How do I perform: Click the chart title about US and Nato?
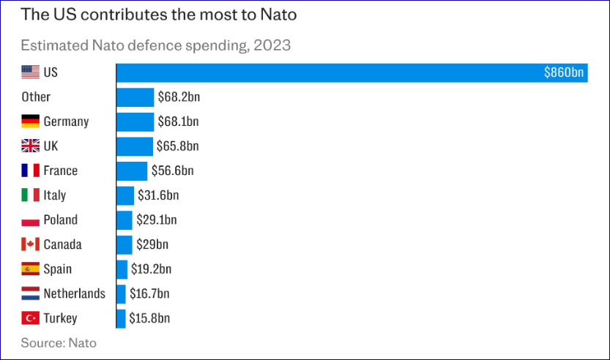coord(154,14)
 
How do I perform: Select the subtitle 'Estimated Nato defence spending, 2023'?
coord(155,45)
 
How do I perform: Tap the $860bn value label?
coord(564,72)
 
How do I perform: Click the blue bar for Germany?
coord(135,121)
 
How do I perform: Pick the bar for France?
coord(132,170)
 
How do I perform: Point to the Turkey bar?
coord(121,318)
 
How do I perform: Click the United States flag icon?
coord(30,72)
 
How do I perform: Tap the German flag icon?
coord(30,121)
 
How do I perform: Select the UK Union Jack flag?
coord(30,146)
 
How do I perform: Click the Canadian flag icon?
coord(30,244)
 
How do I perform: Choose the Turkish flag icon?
coord(30,318)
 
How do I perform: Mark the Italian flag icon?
coord(30,195)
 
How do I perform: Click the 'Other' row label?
coord(36,97)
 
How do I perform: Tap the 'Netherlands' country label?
coord(74,293)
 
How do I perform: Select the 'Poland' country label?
coord(60,220)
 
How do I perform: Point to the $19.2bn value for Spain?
coord(150,269)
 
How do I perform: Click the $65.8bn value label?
coord(178,146)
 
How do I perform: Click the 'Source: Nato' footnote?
coord(58,342)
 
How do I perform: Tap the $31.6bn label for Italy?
coord(158,195)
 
